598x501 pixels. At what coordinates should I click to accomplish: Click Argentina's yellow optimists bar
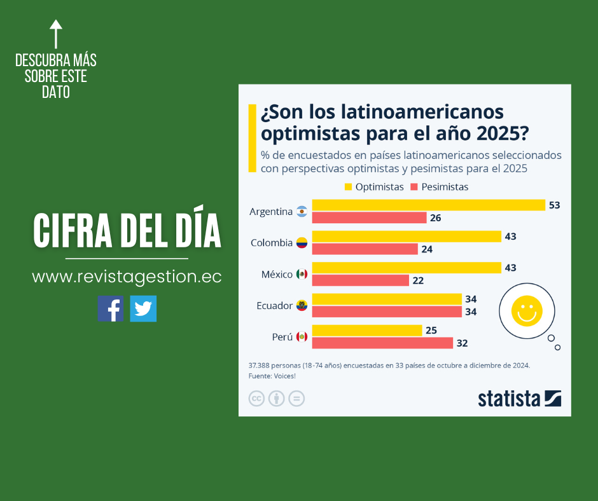click(428, 205)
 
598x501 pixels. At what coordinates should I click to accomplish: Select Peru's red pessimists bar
click(382, 343)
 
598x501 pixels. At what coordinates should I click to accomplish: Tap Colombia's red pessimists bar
click(365, 249)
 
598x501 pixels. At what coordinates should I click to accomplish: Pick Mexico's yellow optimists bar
click(406, 268)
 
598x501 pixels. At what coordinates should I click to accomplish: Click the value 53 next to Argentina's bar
click(554, 205)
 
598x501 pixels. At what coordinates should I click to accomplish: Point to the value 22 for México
click(418, 280)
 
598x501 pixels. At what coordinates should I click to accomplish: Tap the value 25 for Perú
click(431, 331)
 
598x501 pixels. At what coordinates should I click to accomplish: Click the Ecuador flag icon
click(302, 305)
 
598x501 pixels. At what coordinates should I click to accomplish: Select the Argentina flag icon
click(302, 212)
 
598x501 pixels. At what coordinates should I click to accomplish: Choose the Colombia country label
click(272, 243)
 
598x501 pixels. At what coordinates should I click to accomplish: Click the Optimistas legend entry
click(373, 187)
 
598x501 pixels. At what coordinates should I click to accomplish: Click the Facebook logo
click(111, 309)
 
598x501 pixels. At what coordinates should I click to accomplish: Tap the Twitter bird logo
click(143, 309)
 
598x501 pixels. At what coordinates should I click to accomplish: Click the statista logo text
click(509, 399)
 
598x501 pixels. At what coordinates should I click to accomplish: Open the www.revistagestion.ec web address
click(127, 277)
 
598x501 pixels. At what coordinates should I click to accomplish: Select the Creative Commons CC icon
click(256, 399)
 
